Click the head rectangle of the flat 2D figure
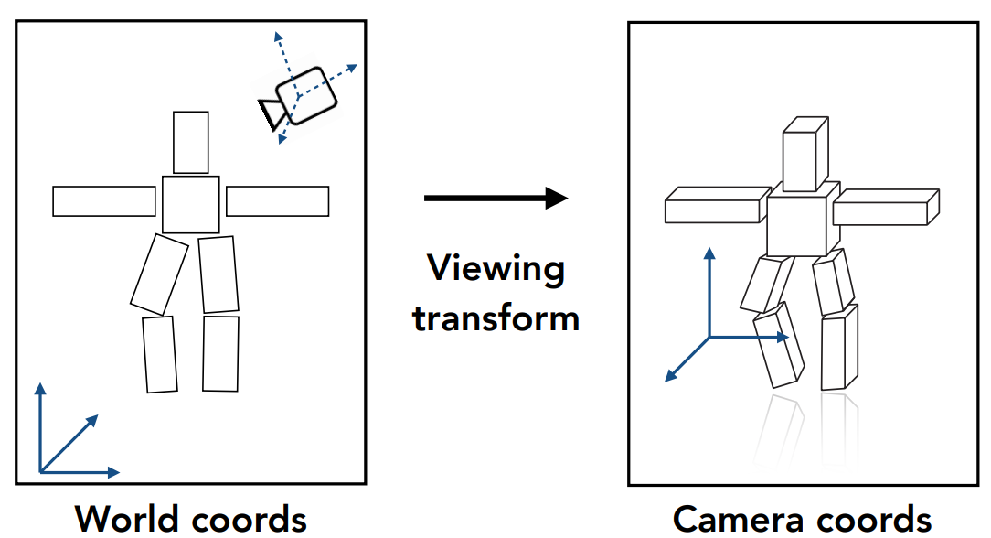click(190, 142)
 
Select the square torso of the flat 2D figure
click(190, 204)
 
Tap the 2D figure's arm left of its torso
click(103, 201)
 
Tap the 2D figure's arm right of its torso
click(277, 201)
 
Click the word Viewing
click(495, 269)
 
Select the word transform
click(495, 317)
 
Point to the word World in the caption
click(131, 519)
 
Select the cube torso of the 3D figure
click(800, 222)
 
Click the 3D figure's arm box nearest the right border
click(885, 207)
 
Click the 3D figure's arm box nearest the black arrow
click(715, 206)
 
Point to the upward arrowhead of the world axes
click(40, 389)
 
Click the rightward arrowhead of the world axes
click(113, 472)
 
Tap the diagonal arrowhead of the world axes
click(92, 420)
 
